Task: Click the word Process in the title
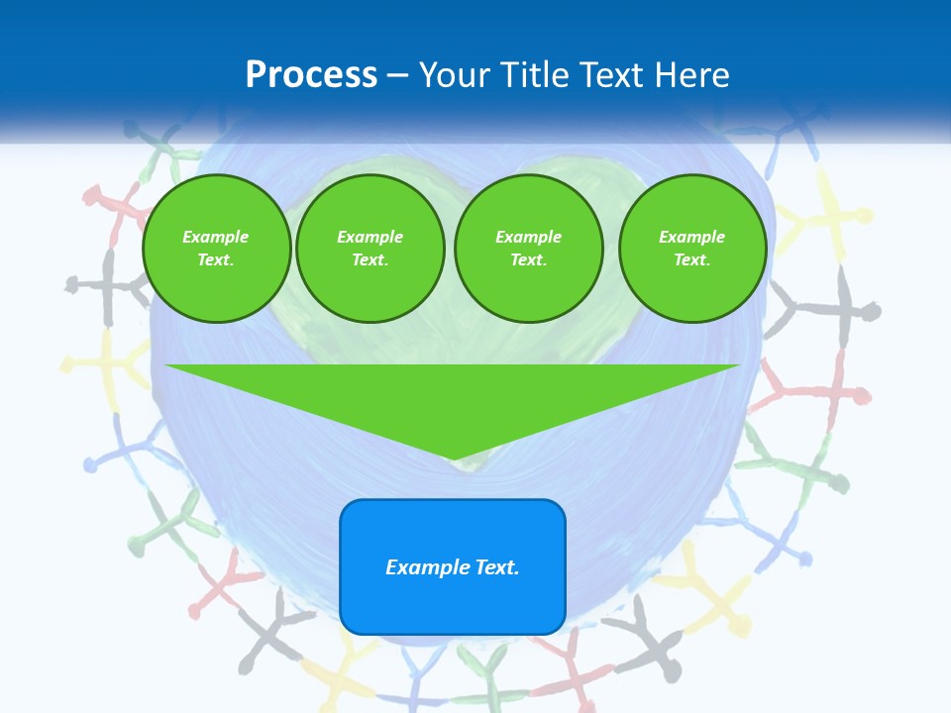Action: pyautogui.click(x=311, y=75)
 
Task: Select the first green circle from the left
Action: pyautogui.click(x=217, y=249)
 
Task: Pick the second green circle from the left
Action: pyautogui.click(x=370, y=249)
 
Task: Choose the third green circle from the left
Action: pyautogui.click(x=529, y=249)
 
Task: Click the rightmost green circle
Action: pyautogui.click(x=692, y=249)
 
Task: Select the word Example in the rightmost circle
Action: pyautogui.click(x=692, y=237)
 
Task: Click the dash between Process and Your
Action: pyautogui.click(x=398, y=76)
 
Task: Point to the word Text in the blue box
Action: pyautogui.click(x=496, y=567)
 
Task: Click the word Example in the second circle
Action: pyautogui.click(x=370, y=237)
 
